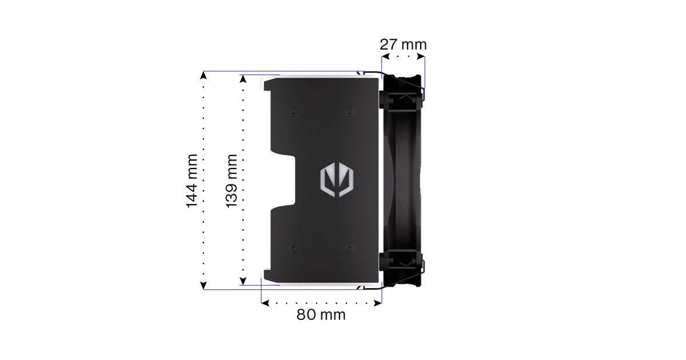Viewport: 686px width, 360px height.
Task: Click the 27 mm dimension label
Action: point(403,45)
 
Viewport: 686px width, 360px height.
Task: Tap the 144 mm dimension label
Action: point(192,181)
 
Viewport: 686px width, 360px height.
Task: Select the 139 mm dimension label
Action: point(232,181)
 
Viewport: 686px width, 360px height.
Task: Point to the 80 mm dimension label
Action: point(321,315)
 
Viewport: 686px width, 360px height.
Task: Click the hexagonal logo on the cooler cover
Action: point(337,181)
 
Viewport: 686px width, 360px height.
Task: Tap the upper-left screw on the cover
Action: point(294,112)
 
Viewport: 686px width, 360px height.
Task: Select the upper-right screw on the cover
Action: point(350,112)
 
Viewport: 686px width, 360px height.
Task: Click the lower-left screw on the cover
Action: point(294,248)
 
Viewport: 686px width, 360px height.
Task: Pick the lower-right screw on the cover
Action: point(350,248)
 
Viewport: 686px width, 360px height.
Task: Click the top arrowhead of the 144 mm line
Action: point(204,75)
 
